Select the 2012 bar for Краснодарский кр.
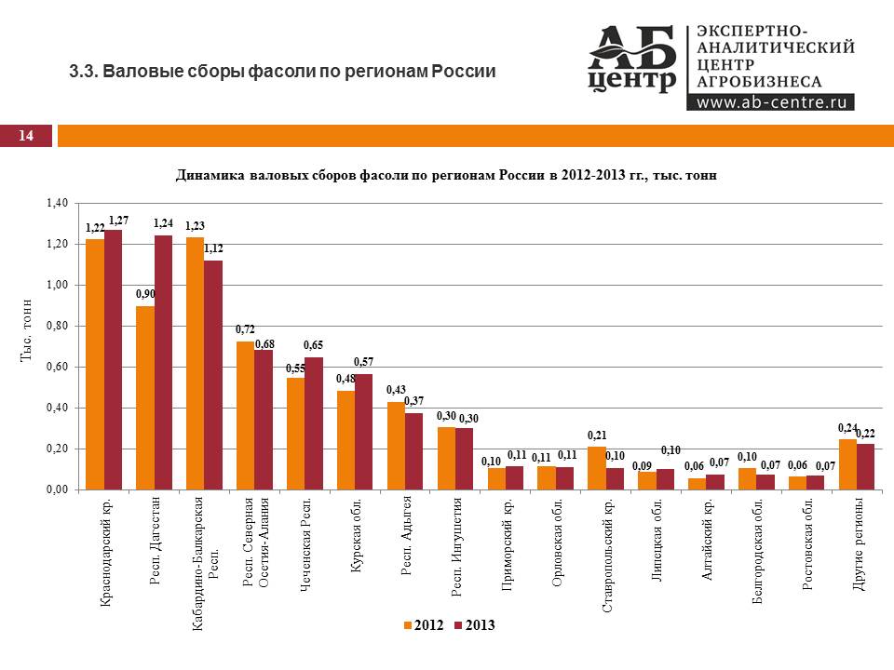tap(95, 364)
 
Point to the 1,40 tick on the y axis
tap(57, 203)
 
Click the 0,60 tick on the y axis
tap(57, 367)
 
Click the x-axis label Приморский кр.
tap(508, 549)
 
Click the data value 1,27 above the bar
tap(118, 221)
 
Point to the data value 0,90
tap(145, 294)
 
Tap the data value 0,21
tap(597, 435)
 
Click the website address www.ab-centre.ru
tap(769, 102)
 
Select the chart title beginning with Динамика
tap(446, 175)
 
